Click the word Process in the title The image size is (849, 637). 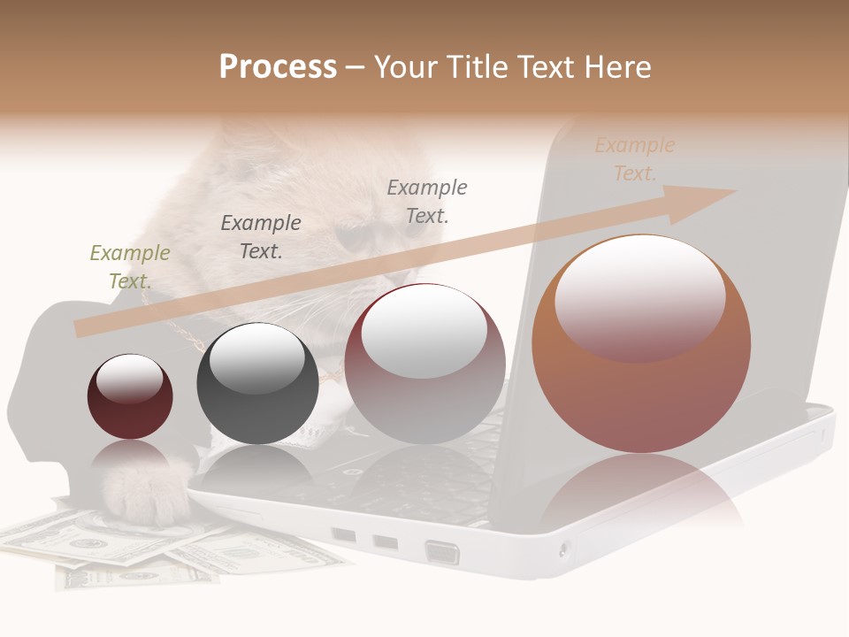pos(278,66)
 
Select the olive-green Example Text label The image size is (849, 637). pos(130,267)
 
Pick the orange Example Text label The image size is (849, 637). pos(635,159)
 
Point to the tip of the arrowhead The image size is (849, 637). pos(736,191)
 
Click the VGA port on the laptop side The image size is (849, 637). pos(442,552)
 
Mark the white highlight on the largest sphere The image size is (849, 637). pos(640,296)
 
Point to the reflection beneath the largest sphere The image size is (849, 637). pos(641,495)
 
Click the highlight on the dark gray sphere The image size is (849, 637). pos(257,358)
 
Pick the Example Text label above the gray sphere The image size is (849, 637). pos(261,237)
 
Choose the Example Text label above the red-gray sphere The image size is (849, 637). pos(427,202)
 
